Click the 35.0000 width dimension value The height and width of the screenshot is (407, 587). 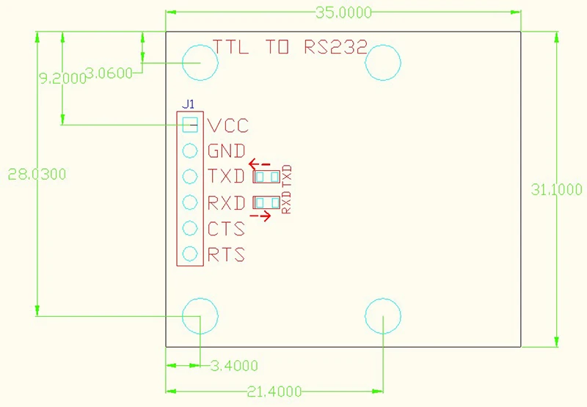click(343, 12)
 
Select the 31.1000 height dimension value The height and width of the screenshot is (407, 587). click(557, 190)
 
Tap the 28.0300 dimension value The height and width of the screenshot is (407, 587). click(37, 175)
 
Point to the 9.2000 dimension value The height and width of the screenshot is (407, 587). click(63, 78)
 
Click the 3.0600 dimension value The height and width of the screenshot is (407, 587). click(109, 73)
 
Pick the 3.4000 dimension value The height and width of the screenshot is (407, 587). click(234, 365)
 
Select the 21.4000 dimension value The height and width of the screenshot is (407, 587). click(274, 392)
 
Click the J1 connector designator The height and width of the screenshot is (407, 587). click(189, 104)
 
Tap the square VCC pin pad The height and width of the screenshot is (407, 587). click(190, 125)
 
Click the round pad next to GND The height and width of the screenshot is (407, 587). click(190, 151)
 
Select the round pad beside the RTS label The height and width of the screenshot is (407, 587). click(190, 254)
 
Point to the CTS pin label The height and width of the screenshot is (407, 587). click(227, 229)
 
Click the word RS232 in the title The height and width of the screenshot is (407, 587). click(336, 47)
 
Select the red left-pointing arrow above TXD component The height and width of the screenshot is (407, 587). click(260, 164)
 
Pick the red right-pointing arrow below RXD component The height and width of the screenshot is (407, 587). click(260, 216)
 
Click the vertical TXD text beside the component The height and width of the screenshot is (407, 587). click(287, 176)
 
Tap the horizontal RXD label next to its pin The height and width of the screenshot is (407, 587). click(227, 203)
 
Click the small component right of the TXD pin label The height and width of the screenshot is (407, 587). click(266, 177)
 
